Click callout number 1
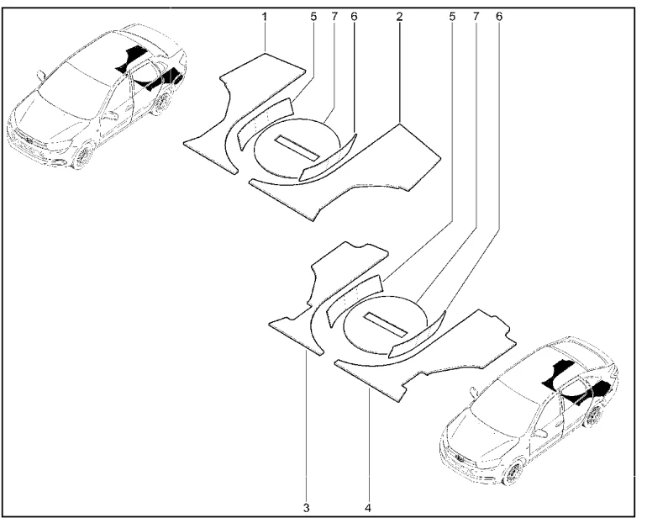click(x=265, y=17)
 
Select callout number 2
click(x=399, y=17)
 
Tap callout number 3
click(x=306, y=506)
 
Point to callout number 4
click(x=369, y=506)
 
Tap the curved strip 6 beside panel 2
click(x=330, y=159)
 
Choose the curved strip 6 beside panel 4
click(x=418, y=335)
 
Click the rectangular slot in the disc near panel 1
click(x=297, y=148)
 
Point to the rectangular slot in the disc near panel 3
click(x=386, y=325)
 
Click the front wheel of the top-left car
click(x=82, y=156)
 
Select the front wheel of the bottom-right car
click(x=513, y=474)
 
